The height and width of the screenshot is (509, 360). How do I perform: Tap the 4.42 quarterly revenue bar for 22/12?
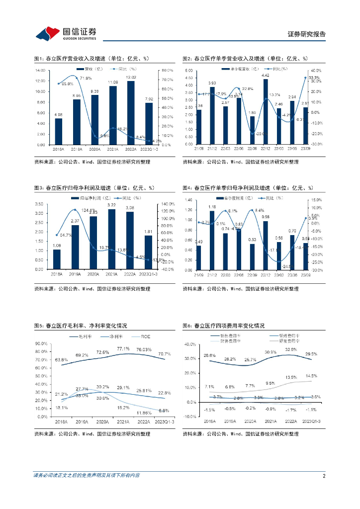click(266, 112)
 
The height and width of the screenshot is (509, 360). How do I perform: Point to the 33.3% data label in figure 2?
click(314, 78)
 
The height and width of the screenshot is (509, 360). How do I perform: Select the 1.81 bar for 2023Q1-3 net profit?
click(149, 253)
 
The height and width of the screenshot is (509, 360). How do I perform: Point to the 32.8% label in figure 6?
click(291, 349)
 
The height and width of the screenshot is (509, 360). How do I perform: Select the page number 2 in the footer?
click(324, 476)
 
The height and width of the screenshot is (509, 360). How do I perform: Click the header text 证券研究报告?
click(307, 34)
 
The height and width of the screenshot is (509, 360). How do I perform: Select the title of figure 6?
click(223, 326)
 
